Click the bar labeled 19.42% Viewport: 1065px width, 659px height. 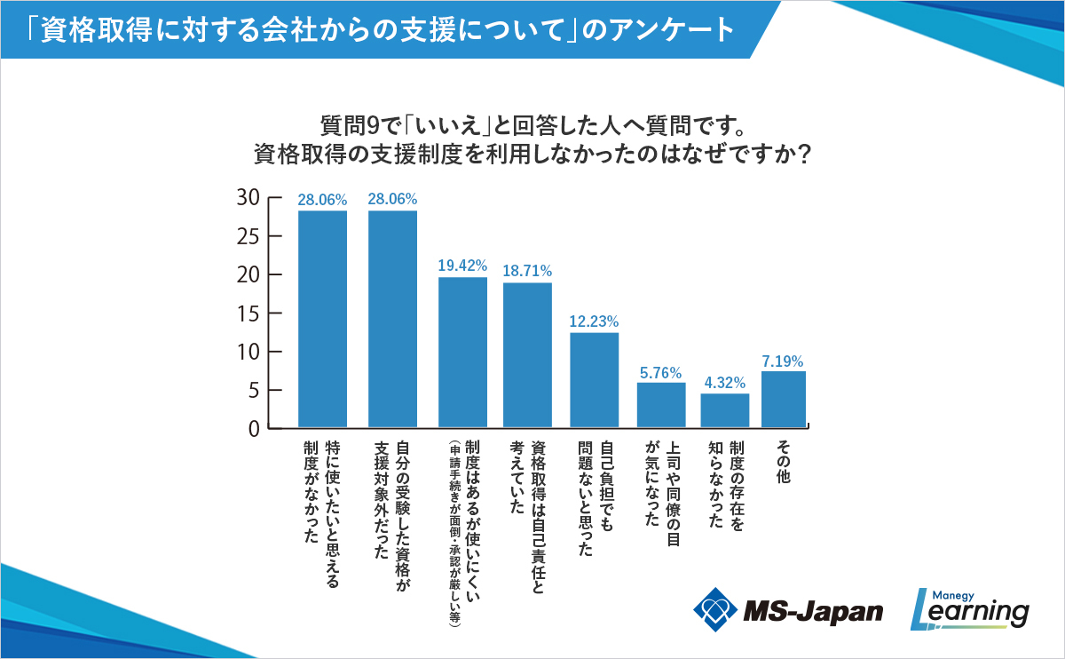(462, 353)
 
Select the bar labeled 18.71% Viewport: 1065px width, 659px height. (528, 355)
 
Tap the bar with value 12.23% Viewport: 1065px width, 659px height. (594, 380)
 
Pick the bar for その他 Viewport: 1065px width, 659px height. (783, 400)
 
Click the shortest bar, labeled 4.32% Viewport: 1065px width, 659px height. (724, 410)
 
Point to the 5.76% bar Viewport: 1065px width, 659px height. (661, 405)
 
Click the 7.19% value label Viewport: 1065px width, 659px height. (783, 361)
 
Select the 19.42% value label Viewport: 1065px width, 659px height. (462, 266)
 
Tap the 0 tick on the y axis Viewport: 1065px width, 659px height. (253, 429)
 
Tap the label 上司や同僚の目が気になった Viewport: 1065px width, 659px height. (661, 488)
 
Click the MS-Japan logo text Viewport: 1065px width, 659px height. (813, 611)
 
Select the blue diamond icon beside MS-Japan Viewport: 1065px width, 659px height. (715, 609)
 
